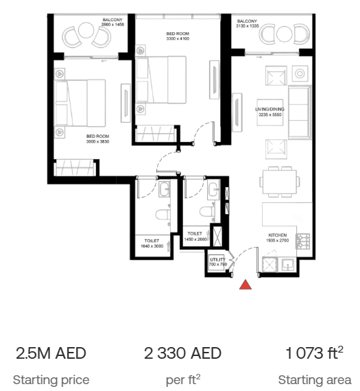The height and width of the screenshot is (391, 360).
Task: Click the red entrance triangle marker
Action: [x=245, y=285]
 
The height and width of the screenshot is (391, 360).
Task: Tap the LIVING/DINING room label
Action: [x=269, y=109]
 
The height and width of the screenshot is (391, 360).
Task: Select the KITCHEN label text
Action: [x=278, y=235]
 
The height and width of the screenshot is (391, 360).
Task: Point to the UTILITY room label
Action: [x=217, y=259]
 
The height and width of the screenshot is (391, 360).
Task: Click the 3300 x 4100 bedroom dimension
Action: [x=178, y=38]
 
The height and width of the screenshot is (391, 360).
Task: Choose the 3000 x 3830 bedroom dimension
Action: [x=98, y=141]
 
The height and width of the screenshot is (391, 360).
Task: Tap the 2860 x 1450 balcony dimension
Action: [x=112, y=25]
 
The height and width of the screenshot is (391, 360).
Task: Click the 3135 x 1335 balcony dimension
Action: [x=248, y=25]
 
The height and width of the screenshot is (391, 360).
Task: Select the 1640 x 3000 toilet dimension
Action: [x=152, y=246]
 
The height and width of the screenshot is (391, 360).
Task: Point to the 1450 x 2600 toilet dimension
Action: [x=195, y=239]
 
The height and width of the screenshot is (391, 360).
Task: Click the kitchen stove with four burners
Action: [x=303, y=241]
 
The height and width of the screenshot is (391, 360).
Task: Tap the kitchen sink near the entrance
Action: [x=288, y=265]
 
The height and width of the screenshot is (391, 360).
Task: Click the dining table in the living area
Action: [x=280, y=182]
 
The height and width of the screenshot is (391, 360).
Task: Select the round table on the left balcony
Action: [x=86, y=30]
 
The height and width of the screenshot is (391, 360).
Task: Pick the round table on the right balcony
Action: [x=284, y=34]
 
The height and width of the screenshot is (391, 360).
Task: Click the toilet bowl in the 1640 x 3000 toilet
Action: [x=163, y=215]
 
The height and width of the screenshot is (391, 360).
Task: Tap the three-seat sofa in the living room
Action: [x=300, y=112]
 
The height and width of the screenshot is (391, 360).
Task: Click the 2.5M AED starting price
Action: [x=51, y=353]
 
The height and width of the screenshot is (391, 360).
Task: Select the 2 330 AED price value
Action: [x=182, y=353]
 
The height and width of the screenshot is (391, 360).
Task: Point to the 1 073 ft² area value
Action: [x=315, y=353]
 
